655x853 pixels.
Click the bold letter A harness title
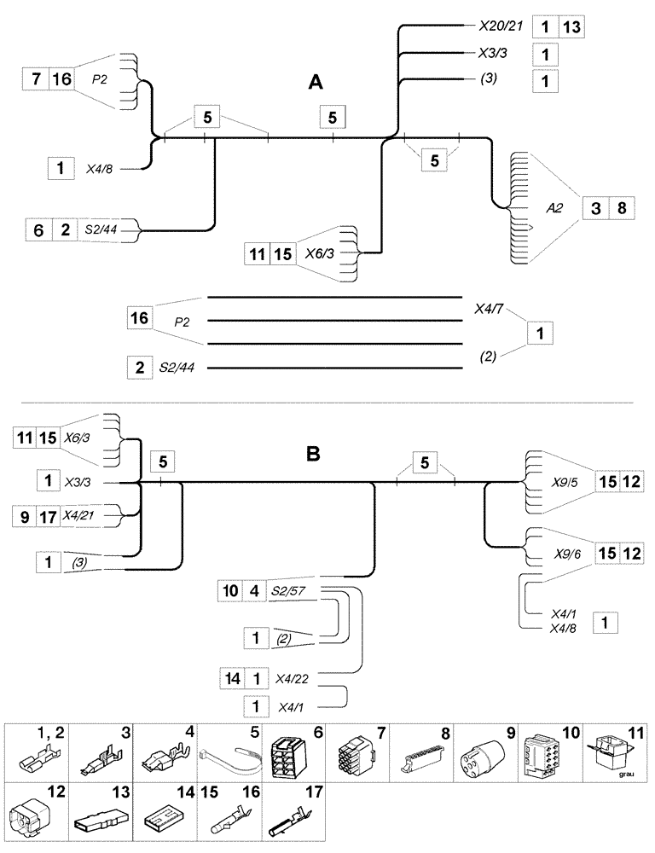[x=316, y=83]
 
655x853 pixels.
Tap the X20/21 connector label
[x=497, y=27]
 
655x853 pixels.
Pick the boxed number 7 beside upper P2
[x=35, y=80]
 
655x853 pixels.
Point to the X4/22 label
[x=293, y=680]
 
